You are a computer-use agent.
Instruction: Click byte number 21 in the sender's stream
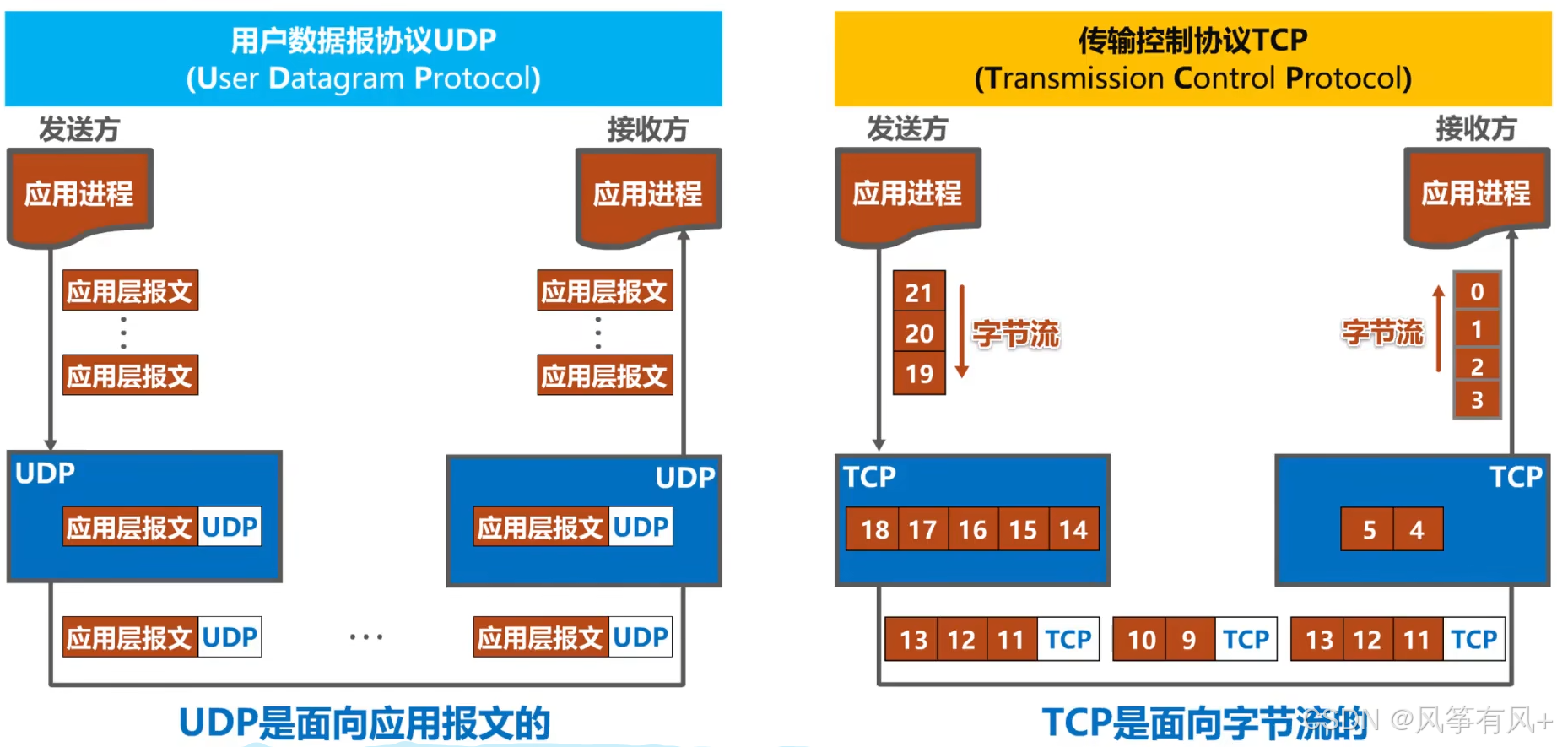[919, 292]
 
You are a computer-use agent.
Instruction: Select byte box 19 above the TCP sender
[919, 374]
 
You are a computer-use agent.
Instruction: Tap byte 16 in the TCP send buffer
[973, 529]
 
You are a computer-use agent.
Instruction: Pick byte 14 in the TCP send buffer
[1073, 529]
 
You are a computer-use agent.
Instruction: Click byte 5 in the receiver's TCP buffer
[1368, 529]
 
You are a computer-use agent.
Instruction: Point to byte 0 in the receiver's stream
[1477, 292]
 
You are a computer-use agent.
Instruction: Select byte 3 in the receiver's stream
[1477, 400]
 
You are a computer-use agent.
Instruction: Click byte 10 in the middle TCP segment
[1141, 639]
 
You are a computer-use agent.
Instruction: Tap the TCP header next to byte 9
[1246, 639]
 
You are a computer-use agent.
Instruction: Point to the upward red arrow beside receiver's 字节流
[1439, 329]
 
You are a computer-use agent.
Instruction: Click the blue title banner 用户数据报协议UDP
[364, 58]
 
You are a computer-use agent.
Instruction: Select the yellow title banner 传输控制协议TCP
[1192, 58]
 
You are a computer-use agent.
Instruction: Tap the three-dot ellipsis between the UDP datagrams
[366, 637]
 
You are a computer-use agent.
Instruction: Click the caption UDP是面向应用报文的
[365, 723]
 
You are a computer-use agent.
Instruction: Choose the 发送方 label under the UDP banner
[79, 129]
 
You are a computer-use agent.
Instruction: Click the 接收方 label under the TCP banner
[1476, 128]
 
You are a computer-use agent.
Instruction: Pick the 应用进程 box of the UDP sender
[79, 194]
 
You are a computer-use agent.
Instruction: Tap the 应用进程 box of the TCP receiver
[1476, 194]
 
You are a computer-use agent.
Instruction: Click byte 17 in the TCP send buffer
[922, 529]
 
